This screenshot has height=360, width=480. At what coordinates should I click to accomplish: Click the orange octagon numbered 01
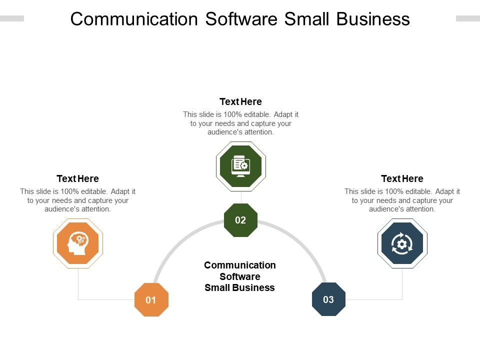pos(151,300)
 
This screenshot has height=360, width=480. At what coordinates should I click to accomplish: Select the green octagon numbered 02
pos(240,220)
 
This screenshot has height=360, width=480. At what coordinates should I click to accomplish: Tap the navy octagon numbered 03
pos(328,299)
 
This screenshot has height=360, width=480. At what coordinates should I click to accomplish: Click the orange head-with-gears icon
pos(78,243)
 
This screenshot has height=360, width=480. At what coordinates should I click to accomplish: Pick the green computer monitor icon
pos(240,166)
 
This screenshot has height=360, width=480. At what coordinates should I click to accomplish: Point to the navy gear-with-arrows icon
pos(402,243)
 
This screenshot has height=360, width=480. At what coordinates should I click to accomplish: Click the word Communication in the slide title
pos(133,19)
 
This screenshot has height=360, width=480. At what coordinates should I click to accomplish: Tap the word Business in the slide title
pos(373,19)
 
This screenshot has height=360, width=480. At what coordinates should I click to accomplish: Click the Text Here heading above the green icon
pos(240,102)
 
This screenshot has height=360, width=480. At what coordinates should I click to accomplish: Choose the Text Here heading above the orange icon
pos(77,178)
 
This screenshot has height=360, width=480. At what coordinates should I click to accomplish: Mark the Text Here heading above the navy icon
pos(402,178)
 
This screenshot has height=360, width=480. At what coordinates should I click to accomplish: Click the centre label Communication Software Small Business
pos(240,276)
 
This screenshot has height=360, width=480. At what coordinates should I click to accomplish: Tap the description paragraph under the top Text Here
pos(240,123)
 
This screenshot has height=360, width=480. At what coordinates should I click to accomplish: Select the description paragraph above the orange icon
pos(77,200)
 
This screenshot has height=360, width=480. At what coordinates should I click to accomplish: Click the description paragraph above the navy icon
pos(402,200)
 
